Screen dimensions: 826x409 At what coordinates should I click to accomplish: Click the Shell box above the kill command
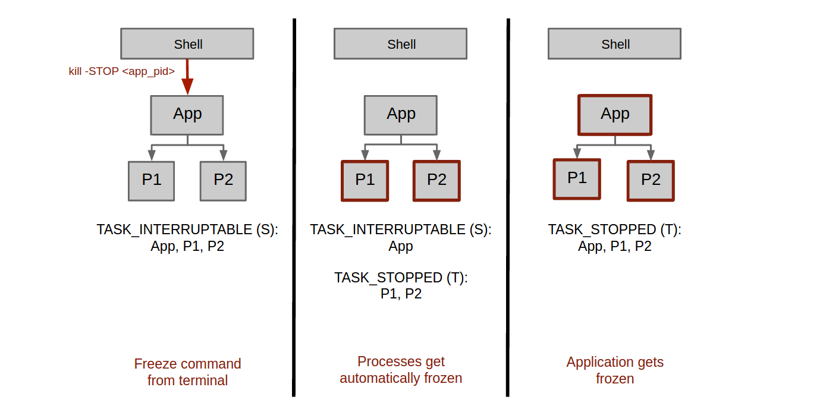click(187, 43)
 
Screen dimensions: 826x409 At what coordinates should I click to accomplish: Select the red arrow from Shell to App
click(187, 77)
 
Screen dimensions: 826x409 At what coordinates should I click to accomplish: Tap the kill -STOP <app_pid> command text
click(122, 71)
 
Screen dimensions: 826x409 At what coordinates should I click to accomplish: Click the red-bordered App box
click(615, 115)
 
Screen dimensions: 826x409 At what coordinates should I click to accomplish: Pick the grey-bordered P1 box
click(151, 181)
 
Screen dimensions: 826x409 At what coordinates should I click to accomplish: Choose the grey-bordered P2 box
click(223, 181)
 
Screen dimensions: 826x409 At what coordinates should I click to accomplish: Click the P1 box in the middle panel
click(365, 181)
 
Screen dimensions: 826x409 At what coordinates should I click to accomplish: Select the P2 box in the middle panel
click(436, 181)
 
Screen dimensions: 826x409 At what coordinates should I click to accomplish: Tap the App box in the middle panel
click(400, 115)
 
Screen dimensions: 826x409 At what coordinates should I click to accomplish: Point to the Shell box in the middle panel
click(400, 43)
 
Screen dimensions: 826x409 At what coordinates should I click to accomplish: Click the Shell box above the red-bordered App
click(614, 43)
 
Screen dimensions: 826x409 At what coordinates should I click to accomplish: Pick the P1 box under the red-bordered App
click(577, 180)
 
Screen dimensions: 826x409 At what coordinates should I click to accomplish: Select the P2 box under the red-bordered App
click(651, 181)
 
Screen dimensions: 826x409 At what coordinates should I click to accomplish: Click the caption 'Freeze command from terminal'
click(187, 372)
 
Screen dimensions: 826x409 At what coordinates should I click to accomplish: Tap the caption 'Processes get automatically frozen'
click(401, 370)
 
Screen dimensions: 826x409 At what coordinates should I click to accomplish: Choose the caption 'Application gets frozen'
click(615, 370)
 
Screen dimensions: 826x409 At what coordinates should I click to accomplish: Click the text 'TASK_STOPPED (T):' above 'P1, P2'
click(401, 278)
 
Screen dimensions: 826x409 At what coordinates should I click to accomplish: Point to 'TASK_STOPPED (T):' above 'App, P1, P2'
click(614, 229)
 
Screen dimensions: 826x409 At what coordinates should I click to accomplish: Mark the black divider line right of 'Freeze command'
click(294, 207)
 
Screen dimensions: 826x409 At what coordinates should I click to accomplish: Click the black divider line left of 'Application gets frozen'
click(508, 207)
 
